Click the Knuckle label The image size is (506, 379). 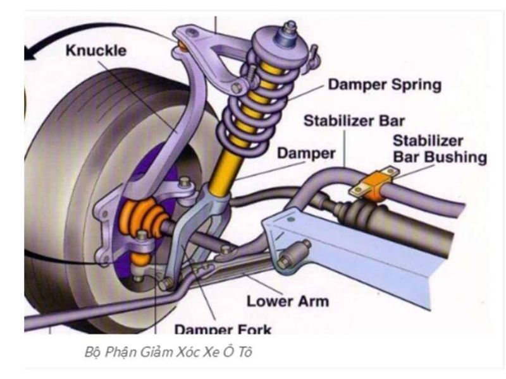(96, 51)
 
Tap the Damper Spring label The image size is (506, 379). (384, 84)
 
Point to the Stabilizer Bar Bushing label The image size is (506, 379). (439, 149)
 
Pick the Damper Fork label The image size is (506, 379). (223, 328)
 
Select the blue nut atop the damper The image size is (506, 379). (290, 28)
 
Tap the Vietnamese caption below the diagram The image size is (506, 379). (168, 352)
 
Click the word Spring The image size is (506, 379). (417, 84)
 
